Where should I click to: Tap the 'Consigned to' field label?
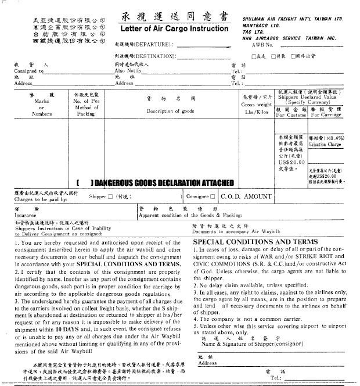point(28,71)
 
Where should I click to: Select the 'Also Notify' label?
point(128,71)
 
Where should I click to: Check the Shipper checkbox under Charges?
point(111,197)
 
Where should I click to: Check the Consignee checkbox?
point(214,197)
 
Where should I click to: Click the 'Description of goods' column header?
point(170,111)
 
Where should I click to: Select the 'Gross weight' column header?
point(256,105)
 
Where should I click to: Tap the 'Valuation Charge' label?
point(325,145)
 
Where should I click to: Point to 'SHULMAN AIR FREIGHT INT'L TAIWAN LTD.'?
point(293,19)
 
